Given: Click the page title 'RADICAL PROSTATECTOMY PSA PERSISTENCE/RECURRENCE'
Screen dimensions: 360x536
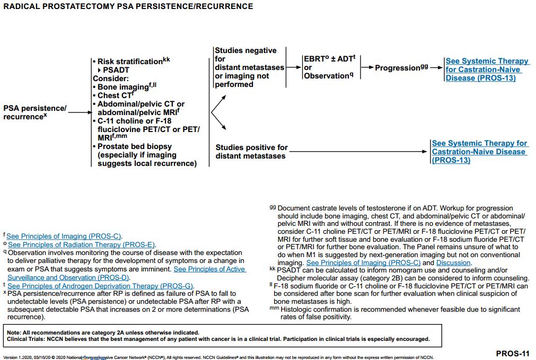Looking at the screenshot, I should [128, 7].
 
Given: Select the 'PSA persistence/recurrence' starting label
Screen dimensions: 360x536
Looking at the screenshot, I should [35, 112].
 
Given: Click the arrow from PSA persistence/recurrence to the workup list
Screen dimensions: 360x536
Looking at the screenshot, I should [80, 112].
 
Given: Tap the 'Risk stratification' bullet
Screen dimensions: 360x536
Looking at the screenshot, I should [130, 62].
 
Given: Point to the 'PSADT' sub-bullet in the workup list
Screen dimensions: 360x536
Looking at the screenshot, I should [116, 70].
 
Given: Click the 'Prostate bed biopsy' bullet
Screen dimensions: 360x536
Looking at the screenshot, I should [135, 146].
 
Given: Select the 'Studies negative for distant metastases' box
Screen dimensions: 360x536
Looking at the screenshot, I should [249, 67].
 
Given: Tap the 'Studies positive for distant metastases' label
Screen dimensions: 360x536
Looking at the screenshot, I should [251, 152].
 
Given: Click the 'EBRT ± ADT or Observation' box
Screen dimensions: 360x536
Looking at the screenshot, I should [329, 67].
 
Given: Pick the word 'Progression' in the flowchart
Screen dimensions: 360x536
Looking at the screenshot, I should [398, 68].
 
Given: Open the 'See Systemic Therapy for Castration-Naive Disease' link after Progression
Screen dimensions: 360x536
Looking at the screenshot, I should [487, 69].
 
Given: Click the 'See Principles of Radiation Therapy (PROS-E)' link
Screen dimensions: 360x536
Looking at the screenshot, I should [82, 244].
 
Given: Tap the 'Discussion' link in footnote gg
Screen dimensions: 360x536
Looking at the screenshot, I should [453, 262].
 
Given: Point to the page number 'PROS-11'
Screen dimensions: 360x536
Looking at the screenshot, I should [512, 353].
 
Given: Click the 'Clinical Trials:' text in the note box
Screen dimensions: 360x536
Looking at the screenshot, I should [25, 339].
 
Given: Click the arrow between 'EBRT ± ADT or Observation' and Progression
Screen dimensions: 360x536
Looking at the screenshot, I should [367, 68].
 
